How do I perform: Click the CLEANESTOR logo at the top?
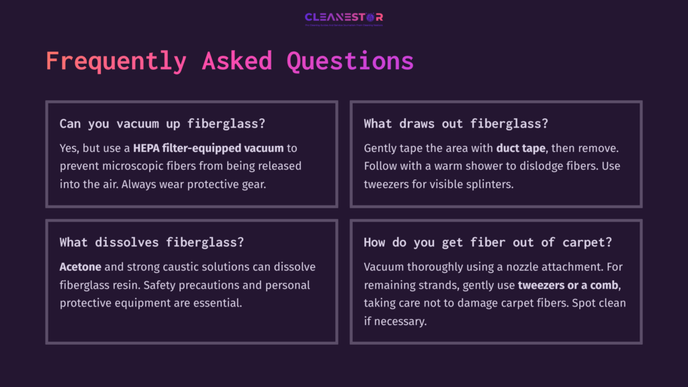[x=343, y=17]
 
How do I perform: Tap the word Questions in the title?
[x=350, y=60]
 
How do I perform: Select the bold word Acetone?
[x=80, y=267]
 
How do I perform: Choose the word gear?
[x=254, y=183]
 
